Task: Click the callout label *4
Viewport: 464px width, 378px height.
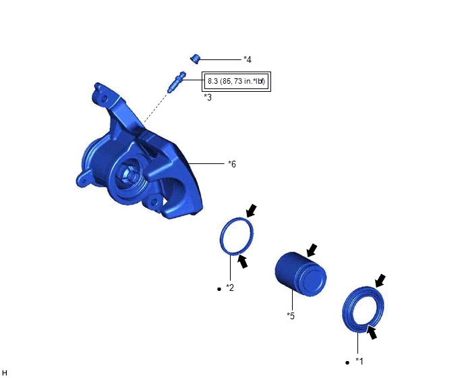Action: (x=248, y=59)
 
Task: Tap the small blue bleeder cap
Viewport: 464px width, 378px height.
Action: (x=196, y=59)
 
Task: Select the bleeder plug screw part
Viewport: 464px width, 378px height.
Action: (x=177, y=82)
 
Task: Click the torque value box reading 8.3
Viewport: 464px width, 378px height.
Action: (x=236, y=82)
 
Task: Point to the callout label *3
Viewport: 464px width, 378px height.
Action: (x=208, y=97)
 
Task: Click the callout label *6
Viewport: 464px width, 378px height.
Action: (x=232, y=164)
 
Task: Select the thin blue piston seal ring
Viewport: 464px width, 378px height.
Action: (x=237, y=236)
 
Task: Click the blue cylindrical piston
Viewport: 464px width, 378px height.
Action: (x=301, y=274)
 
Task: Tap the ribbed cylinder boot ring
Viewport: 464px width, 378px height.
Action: (x=363, y=310)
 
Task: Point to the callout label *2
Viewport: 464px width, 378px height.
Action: (x=230, y=288)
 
